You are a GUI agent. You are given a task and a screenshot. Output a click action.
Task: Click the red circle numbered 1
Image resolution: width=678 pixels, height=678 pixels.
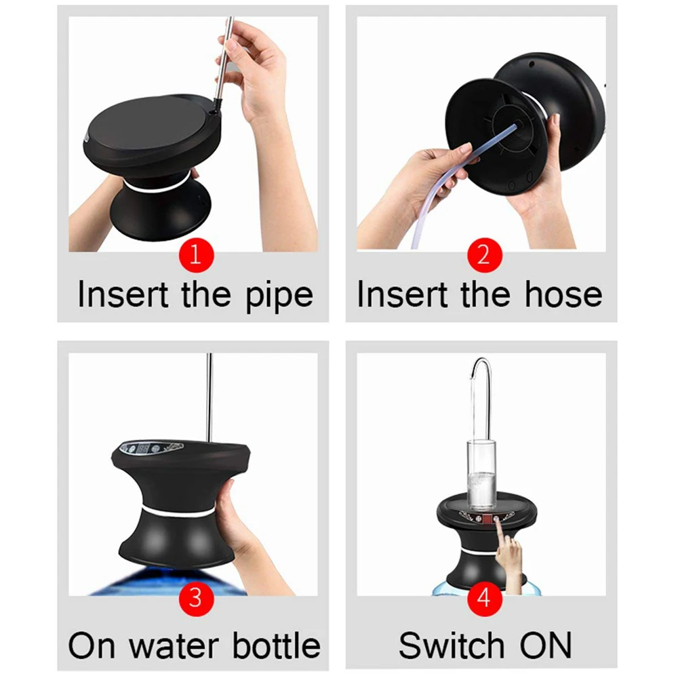point(195,256)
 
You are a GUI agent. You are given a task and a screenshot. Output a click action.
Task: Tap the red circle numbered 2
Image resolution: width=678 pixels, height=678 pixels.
point(483,256)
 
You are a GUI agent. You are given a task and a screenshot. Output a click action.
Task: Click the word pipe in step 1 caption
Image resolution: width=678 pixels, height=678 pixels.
point(279,296)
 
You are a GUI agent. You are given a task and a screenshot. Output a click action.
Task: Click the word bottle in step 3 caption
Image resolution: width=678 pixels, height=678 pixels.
point(275,645)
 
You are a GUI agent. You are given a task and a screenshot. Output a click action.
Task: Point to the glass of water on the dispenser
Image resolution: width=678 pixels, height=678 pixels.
point(483,475)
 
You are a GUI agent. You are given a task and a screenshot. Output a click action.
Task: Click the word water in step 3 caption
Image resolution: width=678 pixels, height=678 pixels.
point(174,645)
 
